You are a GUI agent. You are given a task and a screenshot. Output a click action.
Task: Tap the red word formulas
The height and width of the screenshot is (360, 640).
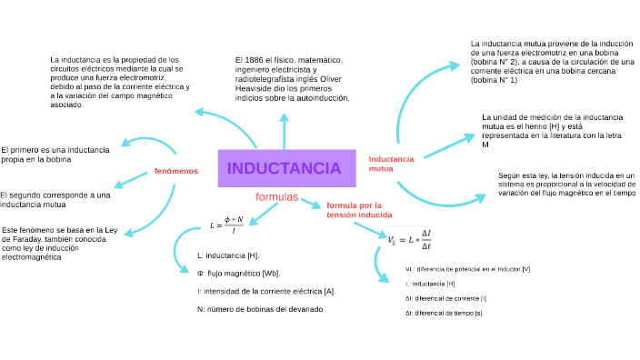tap(277, 197)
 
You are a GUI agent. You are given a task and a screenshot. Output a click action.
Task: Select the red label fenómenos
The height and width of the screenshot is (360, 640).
tap(176, 171)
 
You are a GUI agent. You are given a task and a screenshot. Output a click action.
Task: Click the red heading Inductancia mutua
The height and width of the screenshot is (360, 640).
tap(391, 164)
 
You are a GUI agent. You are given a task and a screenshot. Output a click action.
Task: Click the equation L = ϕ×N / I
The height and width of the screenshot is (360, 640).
tap(227, 224)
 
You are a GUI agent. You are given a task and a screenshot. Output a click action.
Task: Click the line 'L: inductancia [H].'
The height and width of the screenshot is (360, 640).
tap(227, 255)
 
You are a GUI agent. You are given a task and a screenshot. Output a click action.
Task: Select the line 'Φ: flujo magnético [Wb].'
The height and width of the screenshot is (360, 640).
tap(238, 273)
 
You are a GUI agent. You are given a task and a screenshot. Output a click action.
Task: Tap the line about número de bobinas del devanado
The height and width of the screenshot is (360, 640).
tap(259, 309)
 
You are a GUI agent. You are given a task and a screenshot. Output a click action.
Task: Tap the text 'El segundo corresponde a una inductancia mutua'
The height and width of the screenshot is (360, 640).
tap(55, 200)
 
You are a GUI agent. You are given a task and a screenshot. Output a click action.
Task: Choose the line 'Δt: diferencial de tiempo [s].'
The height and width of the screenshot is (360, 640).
tap(444, 313)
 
